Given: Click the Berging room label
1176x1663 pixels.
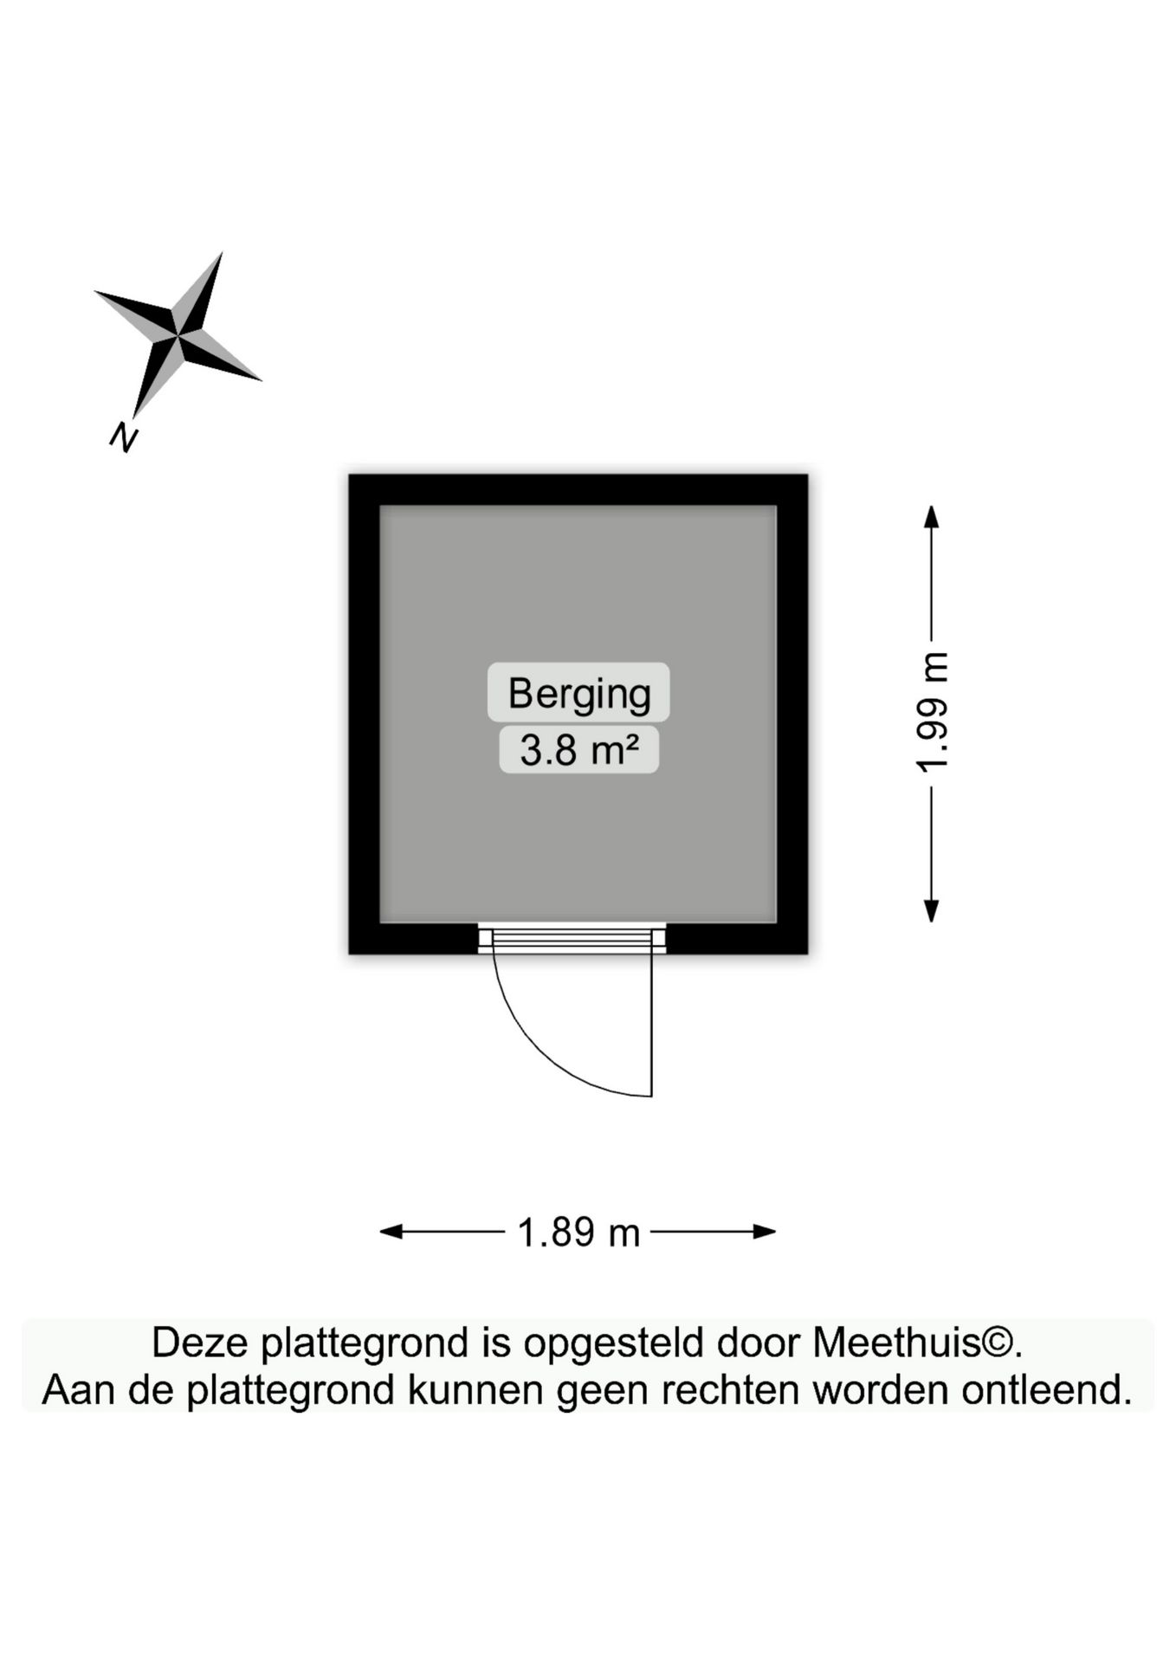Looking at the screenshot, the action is point(578,693).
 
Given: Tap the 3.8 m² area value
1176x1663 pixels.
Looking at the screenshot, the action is point(578,749).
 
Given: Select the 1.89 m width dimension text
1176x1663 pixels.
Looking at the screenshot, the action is point(578,1232).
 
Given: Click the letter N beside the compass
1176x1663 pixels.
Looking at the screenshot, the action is point(124,437).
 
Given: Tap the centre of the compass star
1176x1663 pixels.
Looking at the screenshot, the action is point(178,333).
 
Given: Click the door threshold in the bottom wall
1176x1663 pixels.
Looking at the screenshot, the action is point(572,939).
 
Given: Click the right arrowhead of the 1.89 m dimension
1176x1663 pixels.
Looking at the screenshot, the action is point(765,1232).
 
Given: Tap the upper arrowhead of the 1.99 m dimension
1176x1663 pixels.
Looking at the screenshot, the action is point(932,516).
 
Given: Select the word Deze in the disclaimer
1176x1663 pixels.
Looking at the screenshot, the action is point(201,1343).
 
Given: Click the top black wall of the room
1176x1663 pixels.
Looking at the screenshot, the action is point(578,489).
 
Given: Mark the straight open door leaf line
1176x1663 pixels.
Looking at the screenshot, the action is point(651,1025).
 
